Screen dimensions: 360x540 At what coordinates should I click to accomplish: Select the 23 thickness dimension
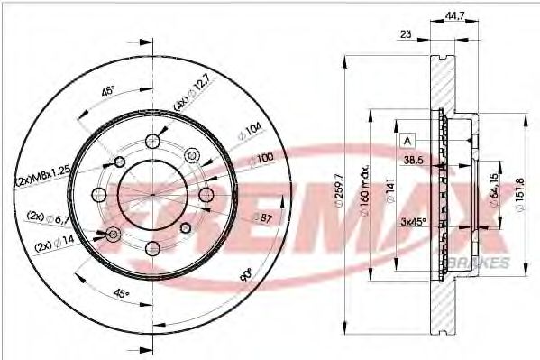coord(406,35)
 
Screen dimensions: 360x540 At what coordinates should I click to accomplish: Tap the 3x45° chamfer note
coord(414,221)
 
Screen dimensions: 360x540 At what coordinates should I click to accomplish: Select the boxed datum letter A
coord(407,140)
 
